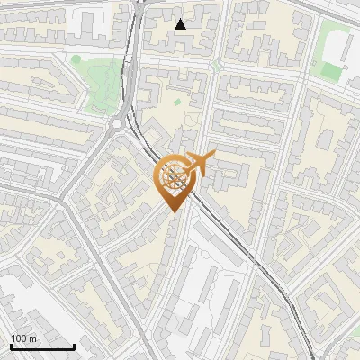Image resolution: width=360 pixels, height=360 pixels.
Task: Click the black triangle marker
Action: [181, 24]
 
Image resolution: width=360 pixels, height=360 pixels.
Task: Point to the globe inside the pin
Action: [175, 175]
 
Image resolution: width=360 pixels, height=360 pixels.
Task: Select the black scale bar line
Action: [42, 346]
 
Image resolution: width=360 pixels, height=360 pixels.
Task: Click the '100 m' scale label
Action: [24, 338]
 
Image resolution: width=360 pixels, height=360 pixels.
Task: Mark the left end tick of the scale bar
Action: [11, 345]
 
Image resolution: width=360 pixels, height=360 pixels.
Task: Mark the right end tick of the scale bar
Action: [74, 345]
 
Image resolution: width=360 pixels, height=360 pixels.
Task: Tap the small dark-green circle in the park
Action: [76, 60]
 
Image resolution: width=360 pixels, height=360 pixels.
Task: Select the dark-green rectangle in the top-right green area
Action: [331, 70]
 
